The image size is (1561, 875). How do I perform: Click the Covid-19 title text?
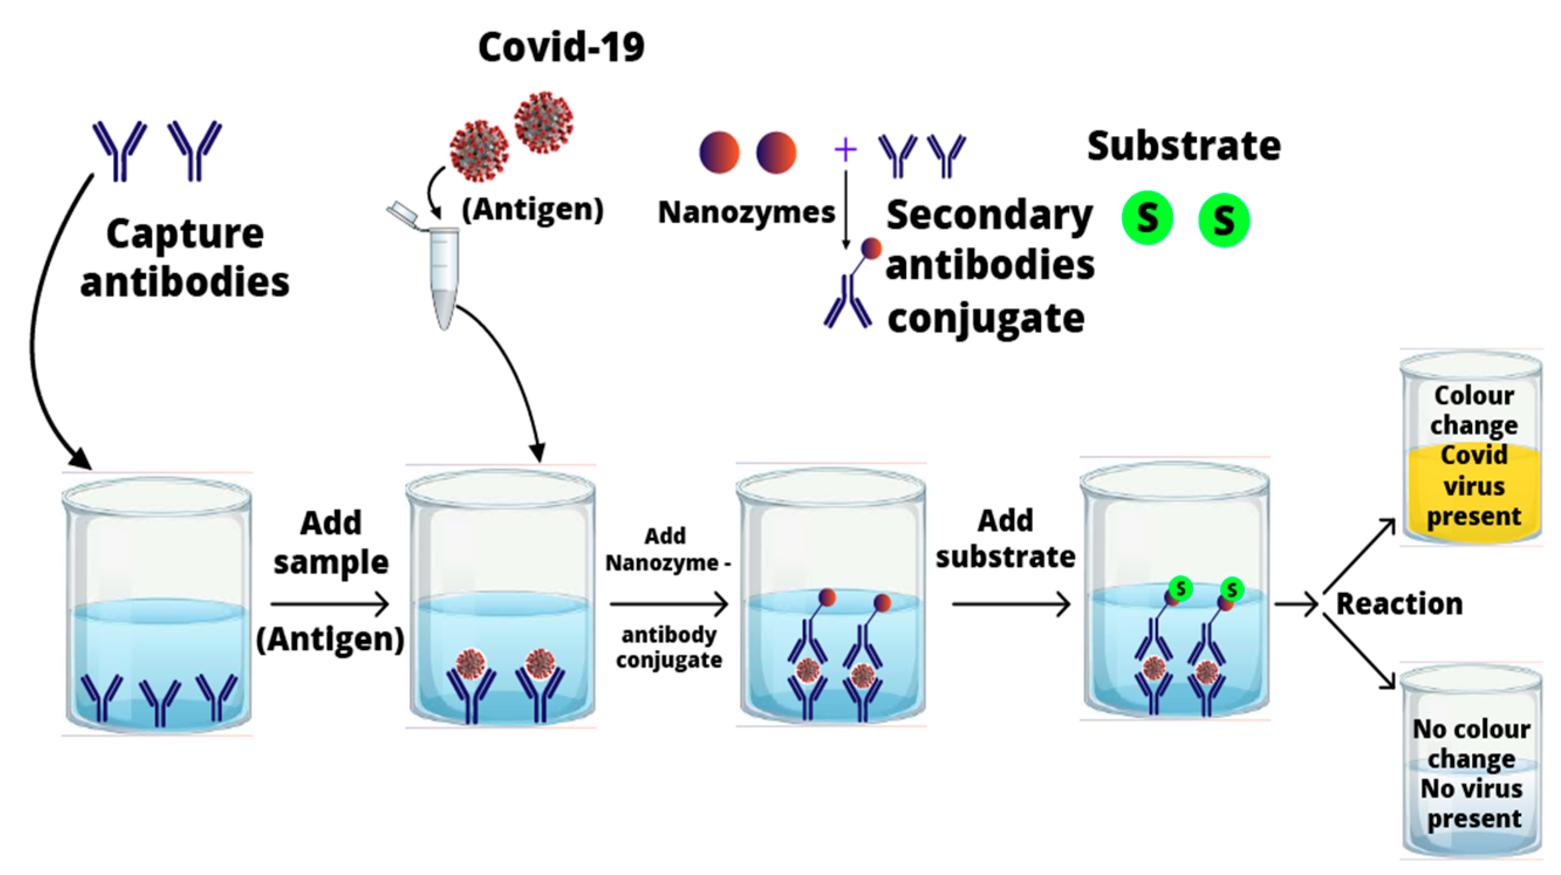pos(561,47)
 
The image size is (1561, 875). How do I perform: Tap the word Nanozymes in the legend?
pos(746,212)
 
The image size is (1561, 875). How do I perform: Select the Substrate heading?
pos(1183,146)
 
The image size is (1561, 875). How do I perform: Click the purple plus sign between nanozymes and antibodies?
pos(845,150)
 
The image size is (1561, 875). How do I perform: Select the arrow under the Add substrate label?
pos(1011,603)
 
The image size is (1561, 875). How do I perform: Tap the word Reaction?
pos(1399,603)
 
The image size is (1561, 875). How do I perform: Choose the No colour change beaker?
pos(1471,763)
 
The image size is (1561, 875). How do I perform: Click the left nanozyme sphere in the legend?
pos(719,153)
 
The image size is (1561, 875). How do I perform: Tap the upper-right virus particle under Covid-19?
pos(543,122)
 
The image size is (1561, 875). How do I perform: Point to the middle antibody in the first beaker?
pos(160,701)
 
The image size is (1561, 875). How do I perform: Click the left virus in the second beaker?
pos(470,665)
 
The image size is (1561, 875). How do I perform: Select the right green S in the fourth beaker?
pos(1232,589)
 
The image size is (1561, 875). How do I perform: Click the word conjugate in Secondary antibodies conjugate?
pos(986,319)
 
